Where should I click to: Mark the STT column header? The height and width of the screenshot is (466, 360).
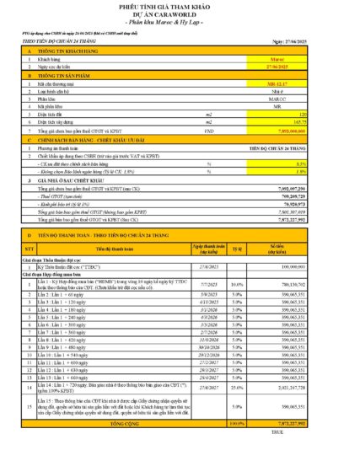tap(30, 249)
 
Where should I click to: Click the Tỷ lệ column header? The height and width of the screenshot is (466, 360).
tap(238, 249)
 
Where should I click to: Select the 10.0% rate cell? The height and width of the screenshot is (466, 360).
tap(238, 285)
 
